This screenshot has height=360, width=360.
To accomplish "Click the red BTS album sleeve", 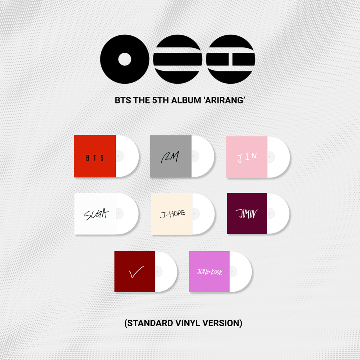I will click(95, 156).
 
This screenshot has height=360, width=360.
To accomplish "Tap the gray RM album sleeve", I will click(170, 156).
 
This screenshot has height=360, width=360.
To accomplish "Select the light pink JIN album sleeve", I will click(247, 157).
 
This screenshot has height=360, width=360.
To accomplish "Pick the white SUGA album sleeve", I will click(95, 214).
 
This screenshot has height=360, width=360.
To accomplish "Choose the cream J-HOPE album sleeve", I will click(171, 214).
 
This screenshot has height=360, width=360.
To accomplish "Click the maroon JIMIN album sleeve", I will click(247, 214).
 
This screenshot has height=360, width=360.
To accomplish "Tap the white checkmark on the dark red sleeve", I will click(136, 272).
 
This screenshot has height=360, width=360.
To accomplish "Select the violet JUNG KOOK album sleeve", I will click(209, 272).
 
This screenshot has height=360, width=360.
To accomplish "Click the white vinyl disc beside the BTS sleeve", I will click(127, 156).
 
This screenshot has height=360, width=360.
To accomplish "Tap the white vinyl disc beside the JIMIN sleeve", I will click(278, 214).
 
